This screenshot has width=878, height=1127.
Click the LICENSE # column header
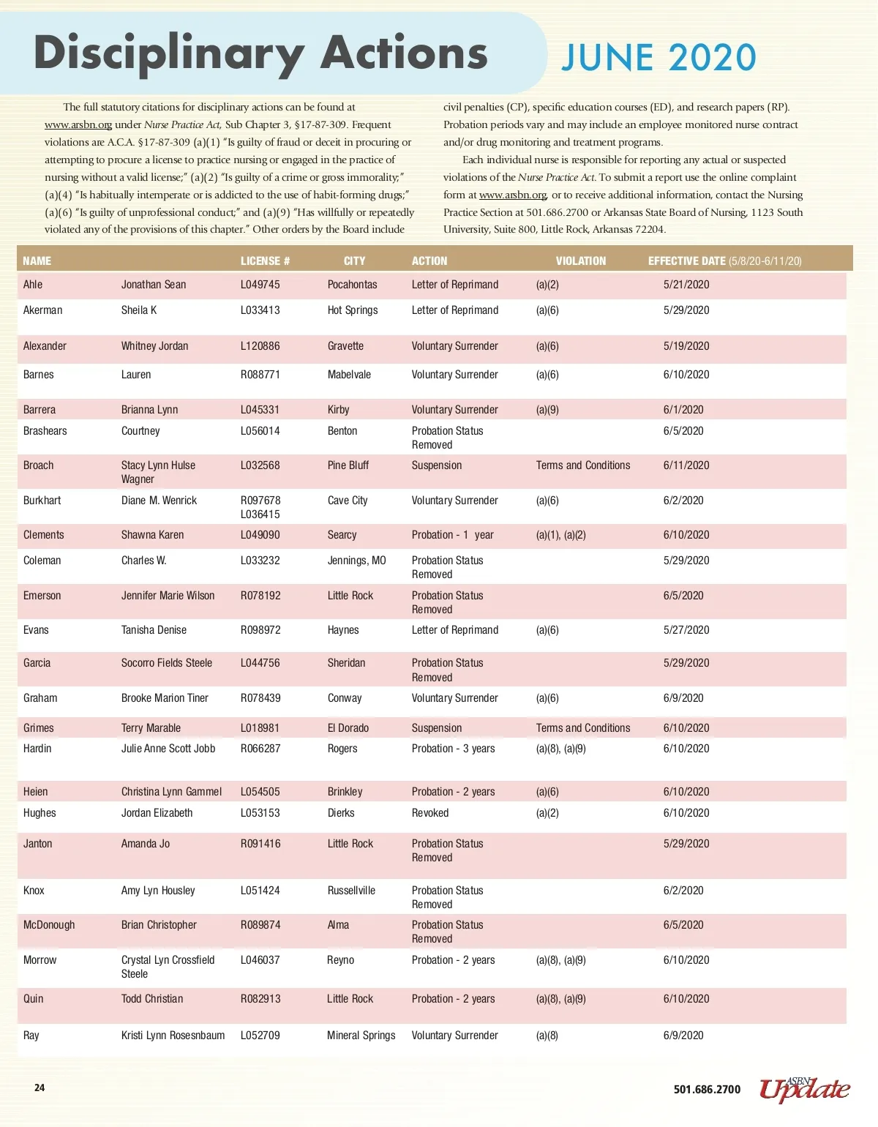[265, 261]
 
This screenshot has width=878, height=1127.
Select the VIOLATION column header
[580, 261]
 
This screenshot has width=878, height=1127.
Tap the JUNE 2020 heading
[658, 58]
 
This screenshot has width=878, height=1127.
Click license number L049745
[260, 285]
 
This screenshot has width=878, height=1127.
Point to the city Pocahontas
[352, 285]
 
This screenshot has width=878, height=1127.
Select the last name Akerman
[42, 310]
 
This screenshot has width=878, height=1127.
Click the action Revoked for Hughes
[430, 813]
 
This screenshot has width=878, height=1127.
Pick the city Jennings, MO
[356, 561]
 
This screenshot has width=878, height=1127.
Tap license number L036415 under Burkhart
[260, 514]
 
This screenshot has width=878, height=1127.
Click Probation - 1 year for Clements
[452, 535]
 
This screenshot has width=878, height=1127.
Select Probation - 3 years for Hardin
[453, 749]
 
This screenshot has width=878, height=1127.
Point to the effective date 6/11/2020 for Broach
[686, 465]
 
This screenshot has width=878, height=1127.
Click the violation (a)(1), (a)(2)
[560, 535]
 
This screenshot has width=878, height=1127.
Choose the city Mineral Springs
[361, 1036]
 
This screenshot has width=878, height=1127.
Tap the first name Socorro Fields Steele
[167, 663]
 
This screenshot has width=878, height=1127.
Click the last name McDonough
[49, 925]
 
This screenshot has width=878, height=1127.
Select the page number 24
[40, 1087]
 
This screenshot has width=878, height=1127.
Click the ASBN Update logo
[804, 1089]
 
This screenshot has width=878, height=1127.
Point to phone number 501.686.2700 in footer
[707, 1090]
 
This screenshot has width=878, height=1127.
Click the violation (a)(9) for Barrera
[547, 410]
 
